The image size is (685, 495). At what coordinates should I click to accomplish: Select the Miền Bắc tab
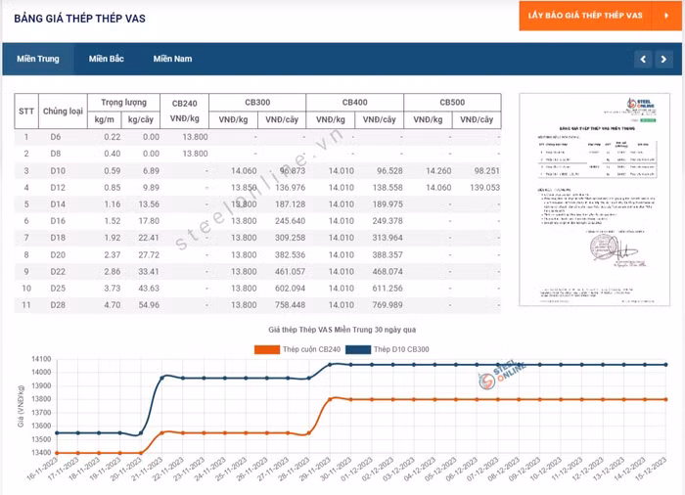pos(106,59)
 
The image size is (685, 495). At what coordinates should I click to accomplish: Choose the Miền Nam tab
pos(172,59)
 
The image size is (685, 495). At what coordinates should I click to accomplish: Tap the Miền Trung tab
pos(37,59)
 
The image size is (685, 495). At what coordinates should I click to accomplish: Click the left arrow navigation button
pos(642,59)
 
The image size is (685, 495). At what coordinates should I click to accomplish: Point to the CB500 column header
pos(451,103)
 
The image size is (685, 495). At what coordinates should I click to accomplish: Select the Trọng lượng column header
pos(123,102)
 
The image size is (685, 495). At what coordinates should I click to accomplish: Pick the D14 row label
pos(56,203)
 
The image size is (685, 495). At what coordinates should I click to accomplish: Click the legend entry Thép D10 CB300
pos(397,349)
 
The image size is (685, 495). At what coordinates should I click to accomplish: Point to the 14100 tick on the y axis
pos(40,359)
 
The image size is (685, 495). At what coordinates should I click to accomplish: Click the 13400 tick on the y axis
pos(40,453)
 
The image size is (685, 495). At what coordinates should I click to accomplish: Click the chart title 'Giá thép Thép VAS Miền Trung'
pos(342,329)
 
